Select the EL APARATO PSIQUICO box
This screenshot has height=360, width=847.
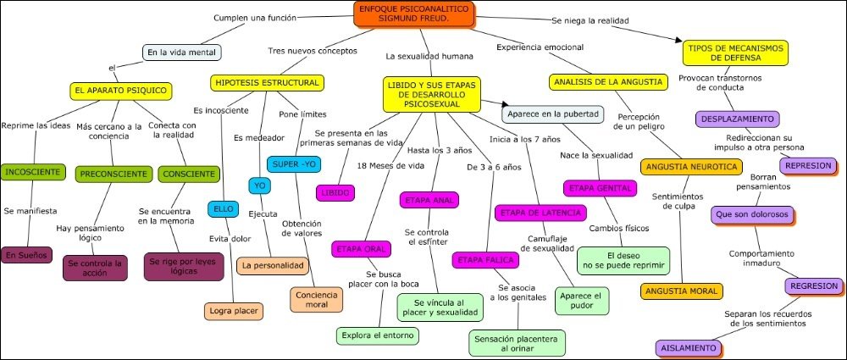tap(122, 90)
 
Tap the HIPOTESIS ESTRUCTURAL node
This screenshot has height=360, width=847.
tap(268, 83)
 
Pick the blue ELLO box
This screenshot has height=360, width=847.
tap(224, 209)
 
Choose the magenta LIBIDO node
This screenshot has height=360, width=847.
tap(335, 194)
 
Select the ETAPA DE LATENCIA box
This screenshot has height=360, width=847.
tap(535, 212)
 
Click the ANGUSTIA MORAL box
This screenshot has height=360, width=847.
tap(682, 291)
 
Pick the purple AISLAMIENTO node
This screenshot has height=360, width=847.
tap(691, 347)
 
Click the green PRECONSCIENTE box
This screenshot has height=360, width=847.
tap(112, 174)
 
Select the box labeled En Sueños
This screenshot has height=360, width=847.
tap(27, 254)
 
